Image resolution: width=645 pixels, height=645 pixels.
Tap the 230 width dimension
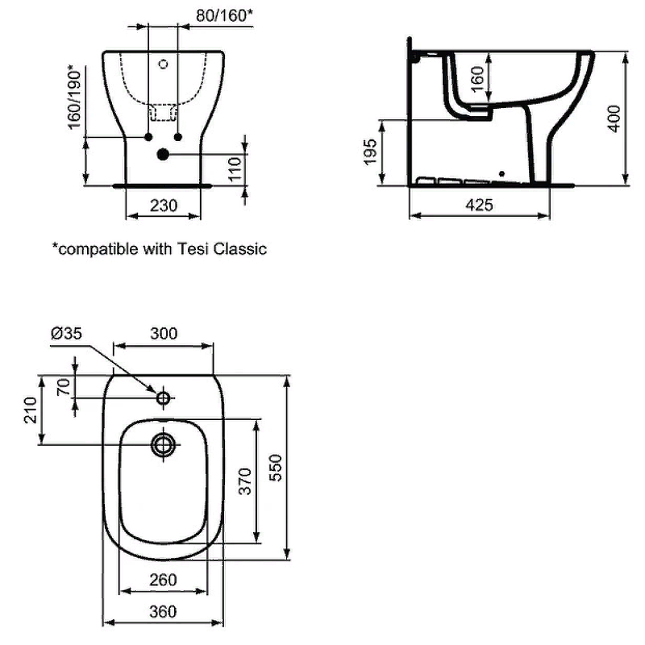(164, 206)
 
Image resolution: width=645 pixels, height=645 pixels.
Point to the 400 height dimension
(615, 118)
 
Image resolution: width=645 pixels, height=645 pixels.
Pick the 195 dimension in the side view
(371, 151)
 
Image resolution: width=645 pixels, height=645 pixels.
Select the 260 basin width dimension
(164, 580)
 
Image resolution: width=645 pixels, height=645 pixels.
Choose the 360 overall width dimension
(164, 612)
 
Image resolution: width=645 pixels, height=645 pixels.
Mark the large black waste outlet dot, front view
(163, 153)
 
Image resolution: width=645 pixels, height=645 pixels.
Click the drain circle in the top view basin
(164, 443)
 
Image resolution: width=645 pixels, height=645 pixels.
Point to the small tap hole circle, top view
(164, 397)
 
